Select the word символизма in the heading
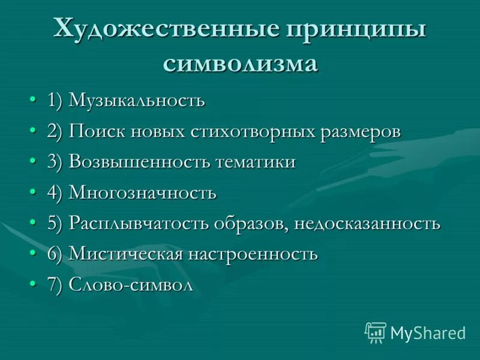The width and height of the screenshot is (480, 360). pyautogui.click(x=240, y=62)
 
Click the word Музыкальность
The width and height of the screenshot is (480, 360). pyautogui.click(x=137, y=101)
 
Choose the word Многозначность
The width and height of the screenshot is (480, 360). pyautogui.click(x=142, y=193)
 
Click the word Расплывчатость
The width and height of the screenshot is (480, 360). pyautogui.click(x=139, y=224)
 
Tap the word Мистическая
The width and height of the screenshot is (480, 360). pyautogui.click(x=125, y=254)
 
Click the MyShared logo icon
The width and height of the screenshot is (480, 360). pyautogui.click(x=375, y=332)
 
